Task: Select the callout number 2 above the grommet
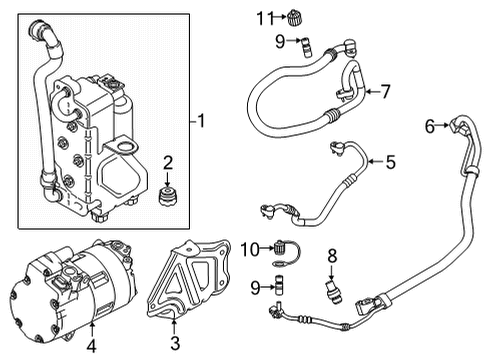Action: point(169,163)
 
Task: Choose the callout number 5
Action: point(390,161)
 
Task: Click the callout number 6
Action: point(430,126)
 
